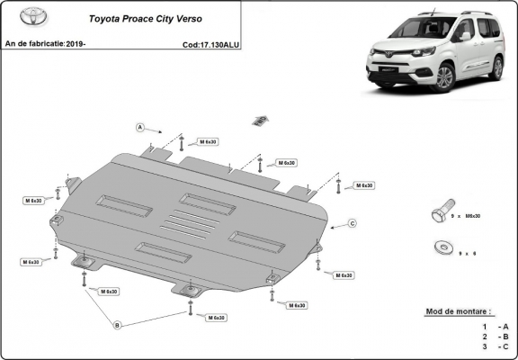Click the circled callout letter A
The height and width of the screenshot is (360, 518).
141,127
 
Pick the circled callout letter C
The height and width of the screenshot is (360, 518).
353,223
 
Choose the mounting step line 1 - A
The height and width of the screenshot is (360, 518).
494,325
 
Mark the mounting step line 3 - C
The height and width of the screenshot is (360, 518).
494,346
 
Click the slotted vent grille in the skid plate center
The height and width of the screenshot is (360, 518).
190,225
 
